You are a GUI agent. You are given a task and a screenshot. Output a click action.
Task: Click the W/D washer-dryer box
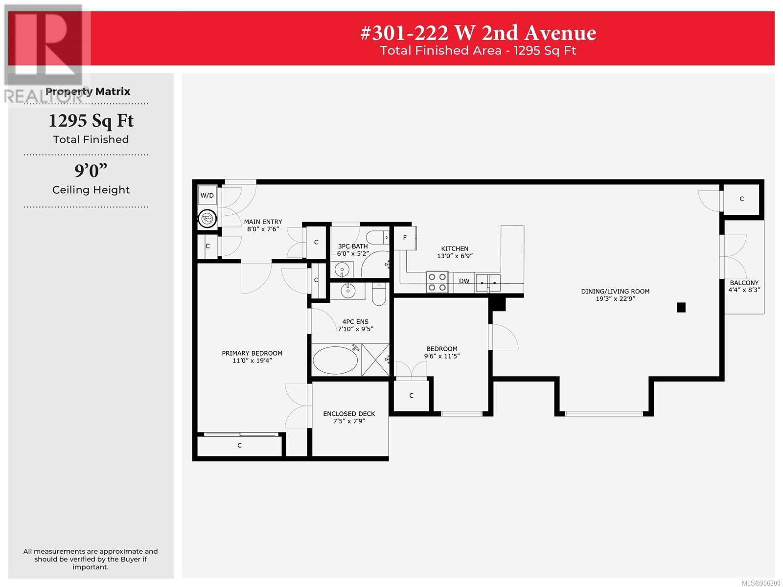tap(207, 195)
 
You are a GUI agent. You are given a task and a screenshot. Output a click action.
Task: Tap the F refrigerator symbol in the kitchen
tap(405, 238)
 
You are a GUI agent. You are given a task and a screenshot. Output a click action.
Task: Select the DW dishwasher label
tap(464, 281)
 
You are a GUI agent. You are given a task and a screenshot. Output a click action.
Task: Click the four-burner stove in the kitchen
tap(437, 282)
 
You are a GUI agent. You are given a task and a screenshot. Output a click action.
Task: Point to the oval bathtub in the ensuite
tap(335, 360)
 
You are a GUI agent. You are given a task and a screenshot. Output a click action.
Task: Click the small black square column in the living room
tap(681, 307)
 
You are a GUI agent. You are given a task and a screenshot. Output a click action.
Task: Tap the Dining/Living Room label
tap(615, 291)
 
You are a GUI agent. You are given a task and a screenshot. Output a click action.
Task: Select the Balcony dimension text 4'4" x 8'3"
tap(744, 290)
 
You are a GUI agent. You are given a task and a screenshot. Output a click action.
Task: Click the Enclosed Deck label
tap(349, 414)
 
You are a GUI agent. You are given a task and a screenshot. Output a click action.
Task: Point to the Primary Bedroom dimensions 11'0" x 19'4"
tap(252, 361)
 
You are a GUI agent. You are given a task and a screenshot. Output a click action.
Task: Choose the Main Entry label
tap(263, 222)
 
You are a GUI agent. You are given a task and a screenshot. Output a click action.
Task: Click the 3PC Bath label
tap(353, 246)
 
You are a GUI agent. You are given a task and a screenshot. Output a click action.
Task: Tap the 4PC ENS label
tap(355, 321)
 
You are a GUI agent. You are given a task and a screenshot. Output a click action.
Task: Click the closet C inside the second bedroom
tap(411, 395)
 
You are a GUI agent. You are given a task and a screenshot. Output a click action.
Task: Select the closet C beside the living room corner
tap(741, 199)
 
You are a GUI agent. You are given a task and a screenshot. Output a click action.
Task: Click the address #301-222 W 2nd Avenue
tap(478, 33)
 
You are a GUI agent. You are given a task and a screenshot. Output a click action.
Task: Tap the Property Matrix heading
tap(88, 91)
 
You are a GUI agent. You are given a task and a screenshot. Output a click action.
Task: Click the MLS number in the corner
tap(761, 583)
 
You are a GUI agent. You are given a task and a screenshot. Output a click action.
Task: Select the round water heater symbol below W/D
tap(207, 218)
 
